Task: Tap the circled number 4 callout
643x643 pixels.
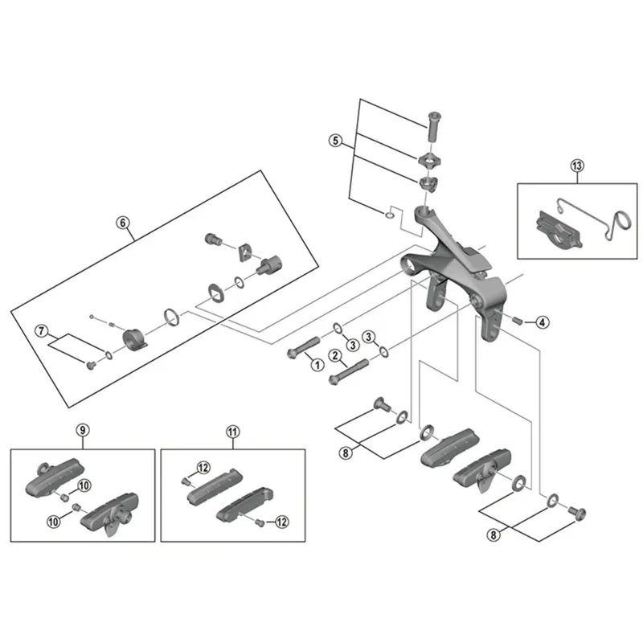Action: coord(543,322)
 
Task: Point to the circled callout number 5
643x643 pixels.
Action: coord(337,141)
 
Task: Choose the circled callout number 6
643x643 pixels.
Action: coord(123,223)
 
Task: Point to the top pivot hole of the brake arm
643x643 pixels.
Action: coord(424,215)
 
